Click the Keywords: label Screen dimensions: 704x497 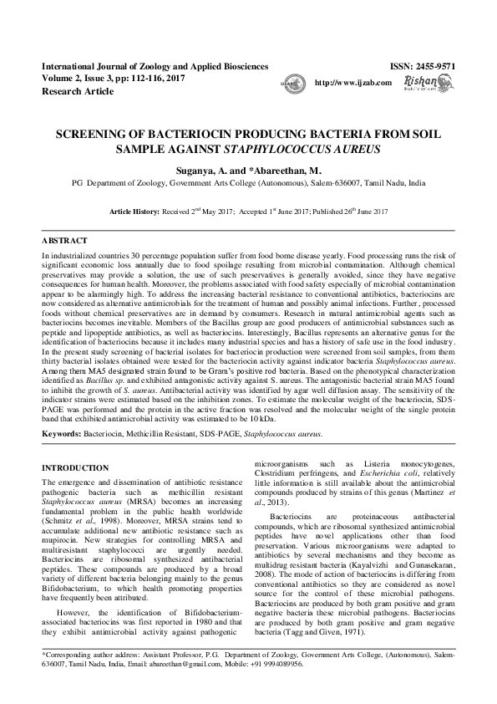point(61,433)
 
